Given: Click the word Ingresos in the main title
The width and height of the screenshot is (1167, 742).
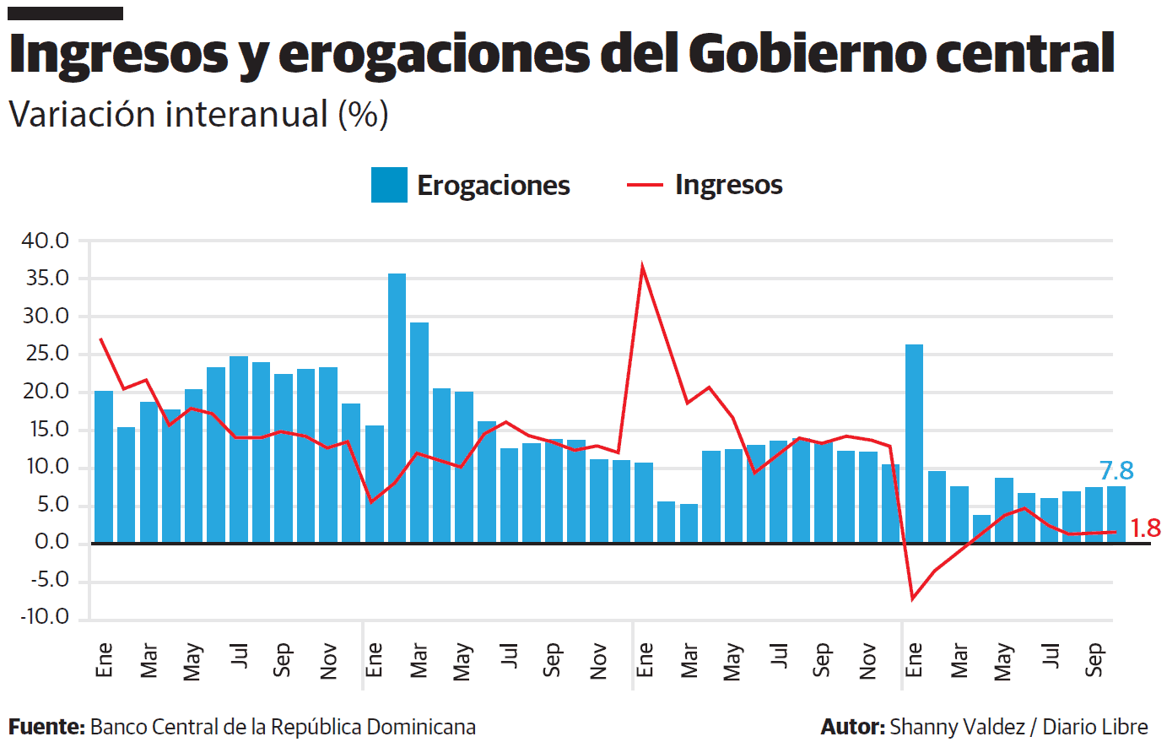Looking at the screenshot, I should click(118, 54).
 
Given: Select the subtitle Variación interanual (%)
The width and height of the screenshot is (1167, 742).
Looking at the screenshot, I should click(198, 114).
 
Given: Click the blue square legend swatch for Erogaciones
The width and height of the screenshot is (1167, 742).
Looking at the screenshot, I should click(389, 185).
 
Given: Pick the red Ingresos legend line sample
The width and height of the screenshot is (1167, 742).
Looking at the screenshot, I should click(645, 185).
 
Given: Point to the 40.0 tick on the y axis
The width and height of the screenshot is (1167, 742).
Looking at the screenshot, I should click(46, 241).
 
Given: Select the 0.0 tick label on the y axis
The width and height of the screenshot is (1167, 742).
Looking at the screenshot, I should click(51, 543).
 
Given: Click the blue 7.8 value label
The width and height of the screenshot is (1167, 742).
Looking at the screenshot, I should click(1116, 471).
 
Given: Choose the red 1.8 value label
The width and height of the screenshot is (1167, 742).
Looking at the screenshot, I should click(1145, 528).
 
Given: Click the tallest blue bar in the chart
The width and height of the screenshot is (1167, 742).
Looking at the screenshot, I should click(397, 408).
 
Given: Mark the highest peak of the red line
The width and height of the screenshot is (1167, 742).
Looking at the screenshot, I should click(643, 268).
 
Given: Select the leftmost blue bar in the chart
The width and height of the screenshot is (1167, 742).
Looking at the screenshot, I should click(104, 467).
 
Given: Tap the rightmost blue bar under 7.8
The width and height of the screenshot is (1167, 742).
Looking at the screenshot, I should click(1116, 514).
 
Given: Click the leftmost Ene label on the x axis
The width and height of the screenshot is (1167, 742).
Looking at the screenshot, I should click(104, 660).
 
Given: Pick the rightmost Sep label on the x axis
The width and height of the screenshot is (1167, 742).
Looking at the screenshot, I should click(1094, 660).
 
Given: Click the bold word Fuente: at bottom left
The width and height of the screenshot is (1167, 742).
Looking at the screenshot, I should click(46, 727).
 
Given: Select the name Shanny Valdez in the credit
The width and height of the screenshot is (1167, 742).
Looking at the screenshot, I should click(957, 727).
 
